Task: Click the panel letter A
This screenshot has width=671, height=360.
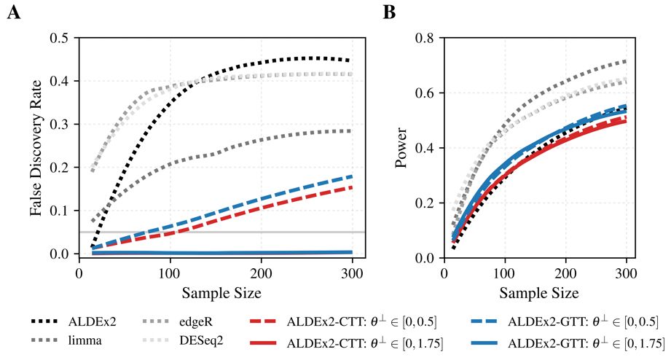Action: [x=15, y=13]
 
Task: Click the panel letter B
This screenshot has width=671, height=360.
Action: [x=390, y=13]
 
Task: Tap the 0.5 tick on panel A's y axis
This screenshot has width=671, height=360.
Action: [x=61, y=38]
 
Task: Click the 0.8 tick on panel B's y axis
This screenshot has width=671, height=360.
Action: [x=425, y=38]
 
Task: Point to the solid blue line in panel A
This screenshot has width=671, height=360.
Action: [x=219, y=253]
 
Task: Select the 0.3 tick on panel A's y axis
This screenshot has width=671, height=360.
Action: [x=61, y=125]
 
